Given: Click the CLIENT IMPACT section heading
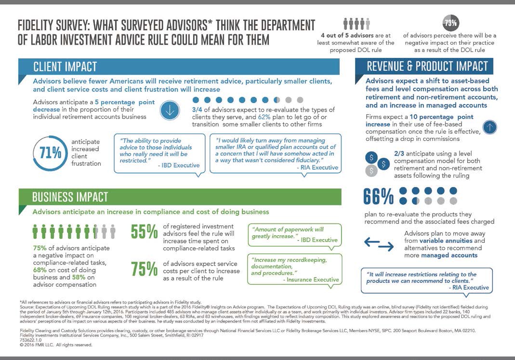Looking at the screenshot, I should (x=65, y=66).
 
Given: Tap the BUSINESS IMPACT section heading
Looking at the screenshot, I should (x=70, y=197).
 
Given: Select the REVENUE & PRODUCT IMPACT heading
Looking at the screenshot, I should (x=427, y=66).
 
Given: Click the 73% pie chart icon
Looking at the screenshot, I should (x=450, y=23).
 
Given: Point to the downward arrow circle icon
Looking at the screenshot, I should (x=169, y=109).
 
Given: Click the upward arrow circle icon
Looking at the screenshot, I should (x=489, y=127).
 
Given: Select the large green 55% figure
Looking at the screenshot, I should (x=144, y=232).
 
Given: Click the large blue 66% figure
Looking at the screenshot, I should (x=379, y=196).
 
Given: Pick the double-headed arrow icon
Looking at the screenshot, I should (x=379, y=244).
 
